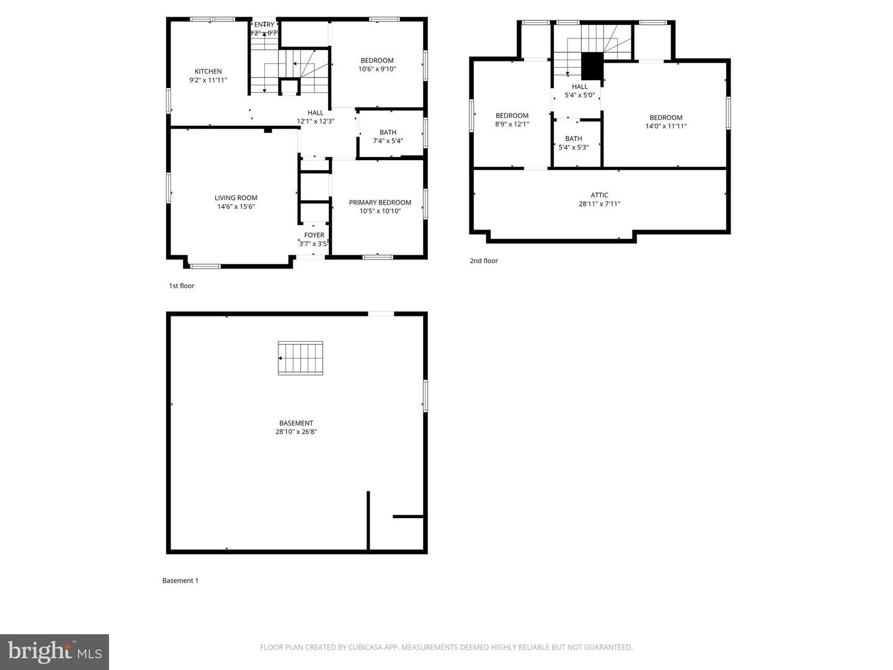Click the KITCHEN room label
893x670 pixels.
(x=208, y=71)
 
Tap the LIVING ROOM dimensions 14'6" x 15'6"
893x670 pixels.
(x=236, y=207)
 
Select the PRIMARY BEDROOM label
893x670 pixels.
(x=380, y=202)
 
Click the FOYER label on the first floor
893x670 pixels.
(x=314, y=235)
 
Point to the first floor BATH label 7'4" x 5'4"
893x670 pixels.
(x=388, y=136)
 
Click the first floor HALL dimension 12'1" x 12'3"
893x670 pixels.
(x=315, y=122)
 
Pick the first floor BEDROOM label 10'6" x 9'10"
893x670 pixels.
(x=376, y=65)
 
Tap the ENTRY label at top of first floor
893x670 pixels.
(x=264, y=25)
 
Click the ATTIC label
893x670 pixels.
(x=599, y=195)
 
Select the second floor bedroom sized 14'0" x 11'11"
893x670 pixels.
(x=665, y=122)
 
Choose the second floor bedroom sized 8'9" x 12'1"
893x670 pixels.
(x=512, y=120)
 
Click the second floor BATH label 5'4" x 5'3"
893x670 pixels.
(x=573, y=143)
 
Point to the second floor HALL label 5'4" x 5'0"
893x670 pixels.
(x=579, y=91)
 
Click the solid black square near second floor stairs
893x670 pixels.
(x=592, y=66)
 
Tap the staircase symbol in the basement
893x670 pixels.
(x=301, y=358)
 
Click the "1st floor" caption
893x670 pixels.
(x=182, y=286)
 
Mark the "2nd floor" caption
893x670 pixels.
(x=484, y=261)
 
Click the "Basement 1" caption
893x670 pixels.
(x=180, y=581)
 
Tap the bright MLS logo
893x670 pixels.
(x=55, y=651)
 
